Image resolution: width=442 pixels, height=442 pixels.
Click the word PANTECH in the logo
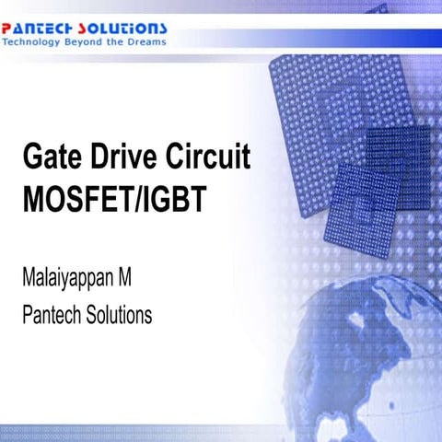coord(40,29)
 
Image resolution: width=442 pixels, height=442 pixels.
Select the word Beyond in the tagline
coord(90,42)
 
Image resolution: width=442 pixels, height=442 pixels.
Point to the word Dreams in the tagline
coord(146,42)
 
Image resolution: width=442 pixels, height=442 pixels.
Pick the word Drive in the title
coord(121,158)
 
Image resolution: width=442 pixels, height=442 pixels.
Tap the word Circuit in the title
coord(205,158)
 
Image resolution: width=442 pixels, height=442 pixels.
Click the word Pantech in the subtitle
coord(52,315)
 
